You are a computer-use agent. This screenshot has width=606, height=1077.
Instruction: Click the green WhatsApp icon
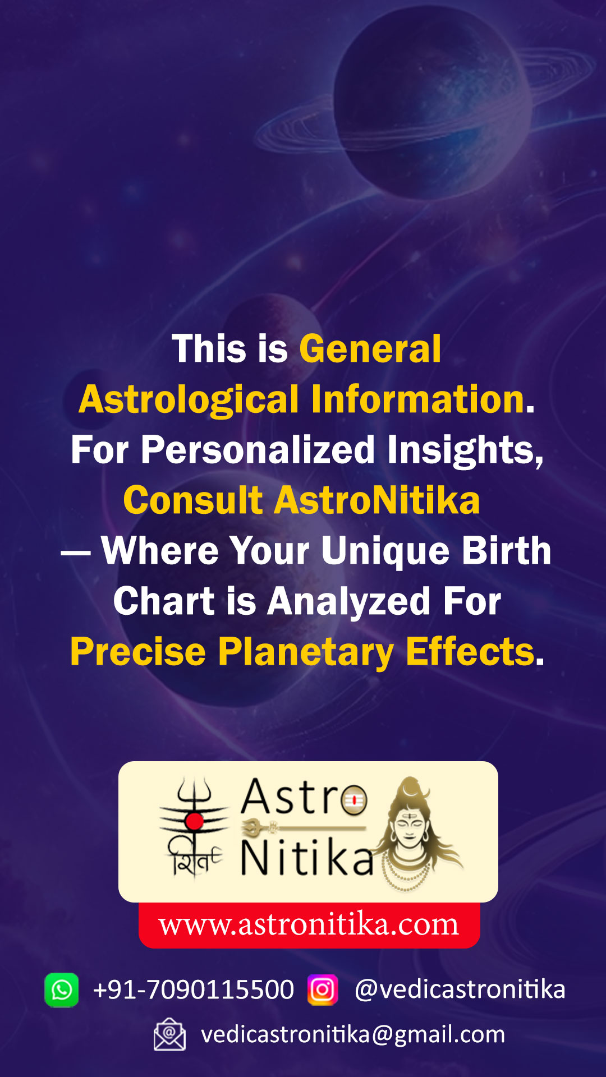(62, 990)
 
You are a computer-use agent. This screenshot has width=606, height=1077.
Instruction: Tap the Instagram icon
(323, 990)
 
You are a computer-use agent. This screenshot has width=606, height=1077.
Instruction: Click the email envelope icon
(169, 1034)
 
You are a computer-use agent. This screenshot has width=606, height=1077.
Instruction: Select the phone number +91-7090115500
(194, 989)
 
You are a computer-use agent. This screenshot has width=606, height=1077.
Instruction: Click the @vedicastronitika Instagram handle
(460, 989)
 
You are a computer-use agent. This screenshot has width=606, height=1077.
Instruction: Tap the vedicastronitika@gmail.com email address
(353, 1034)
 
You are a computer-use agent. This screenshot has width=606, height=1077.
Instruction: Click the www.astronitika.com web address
(309, 924)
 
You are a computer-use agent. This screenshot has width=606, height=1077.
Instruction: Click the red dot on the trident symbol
(194, 821)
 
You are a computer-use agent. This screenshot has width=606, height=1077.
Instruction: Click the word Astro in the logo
(304, 797)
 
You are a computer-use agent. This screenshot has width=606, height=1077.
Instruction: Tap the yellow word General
(370, 349)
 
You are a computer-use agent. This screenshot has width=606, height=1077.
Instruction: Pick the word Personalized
(258, 450)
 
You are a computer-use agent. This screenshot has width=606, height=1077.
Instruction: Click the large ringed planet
(432, 104)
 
